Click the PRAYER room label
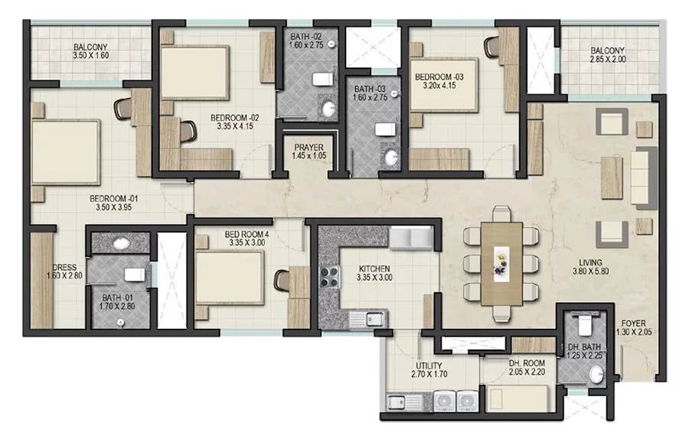(x=309, y=148)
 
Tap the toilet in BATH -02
(x=323, y=80)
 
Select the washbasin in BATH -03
(x=390, y=158)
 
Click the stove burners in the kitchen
(x=330, y=277)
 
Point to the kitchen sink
(x=367, y=318)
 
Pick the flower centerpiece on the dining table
(x=501, y=262)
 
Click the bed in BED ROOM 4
(x=230, y=278)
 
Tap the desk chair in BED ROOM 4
(x=281, y=280)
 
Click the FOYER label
(x=633, y=324)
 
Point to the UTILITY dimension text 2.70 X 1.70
(x=429, y=375)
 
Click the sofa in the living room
(x=644, y=176)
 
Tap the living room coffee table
(x=612, y=177)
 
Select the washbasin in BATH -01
(x=120, y=243)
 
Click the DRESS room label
(x=64, y=268)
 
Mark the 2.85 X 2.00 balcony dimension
(x=608, y=59)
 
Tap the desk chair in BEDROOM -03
(x=492, y=46)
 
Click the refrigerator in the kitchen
(x=411, y=239)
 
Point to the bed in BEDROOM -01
(x=66, y=152)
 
